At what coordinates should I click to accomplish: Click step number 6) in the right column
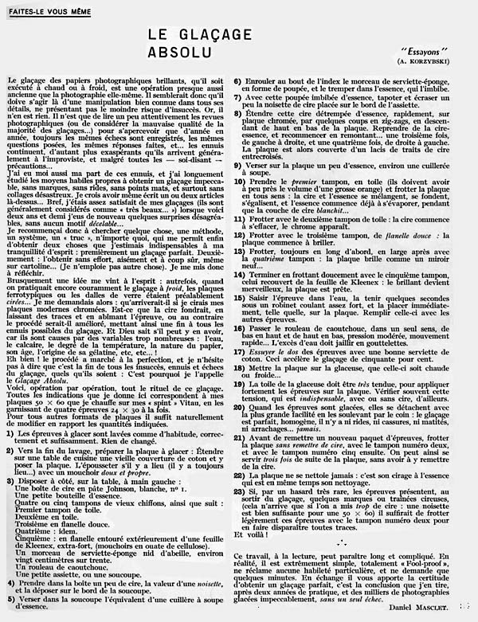click(237, 80)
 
